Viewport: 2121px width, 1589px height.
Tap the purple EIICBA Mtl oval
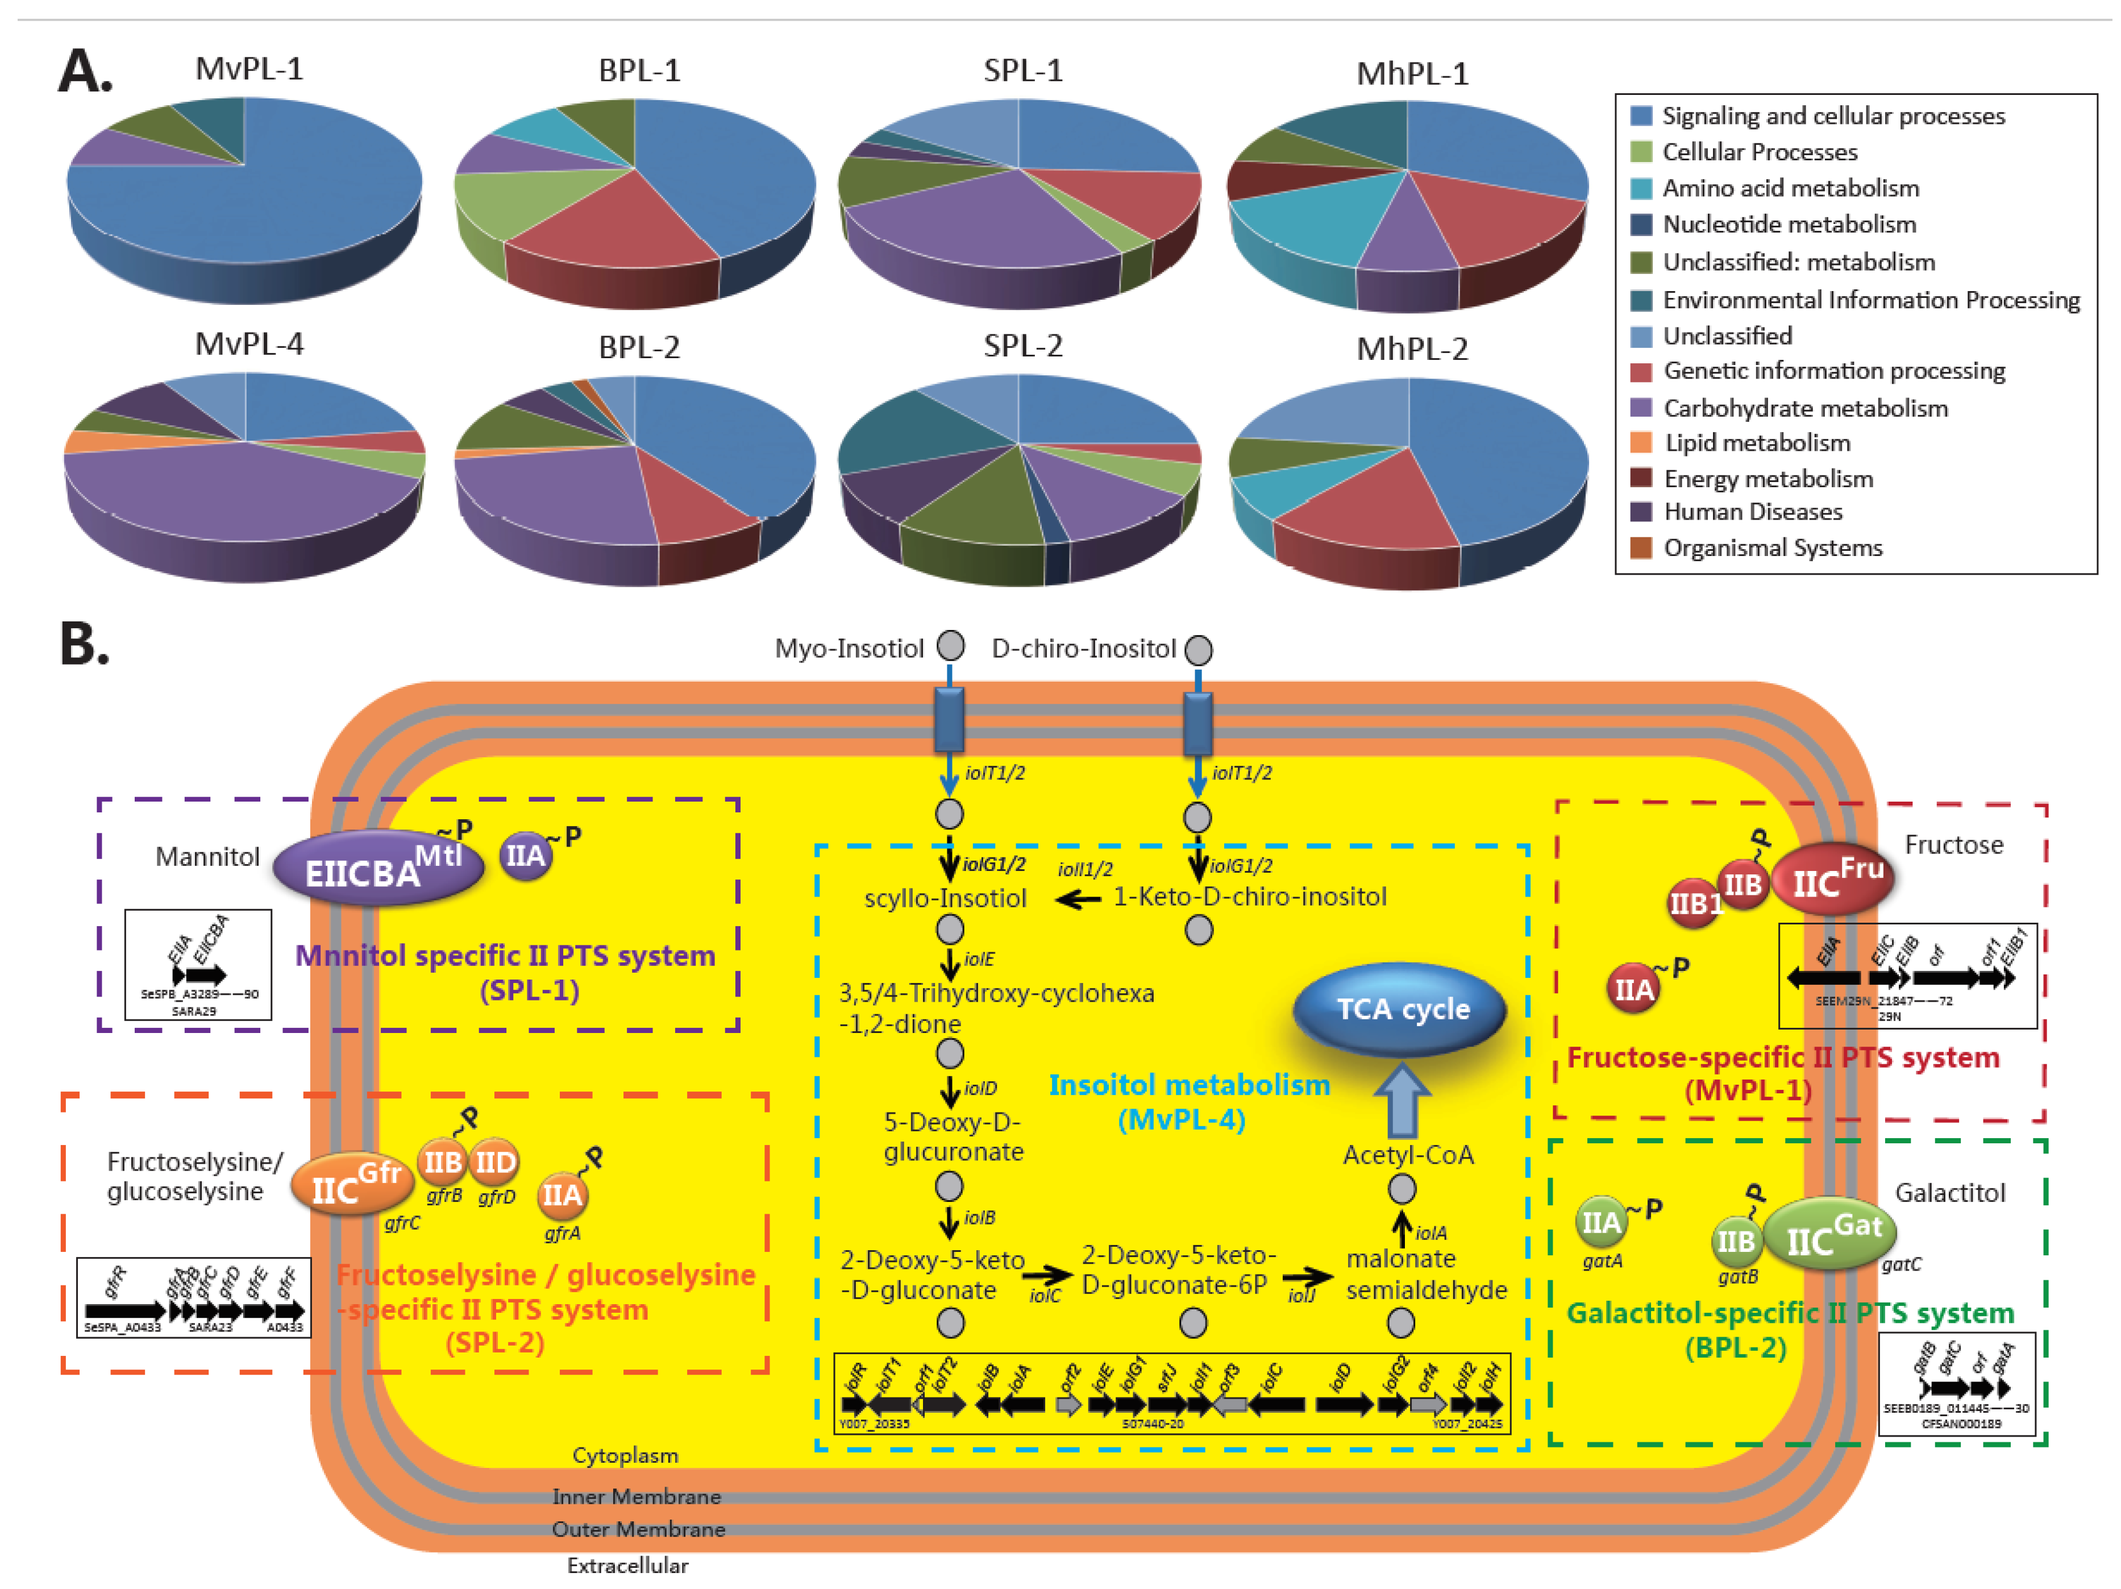[379, 868]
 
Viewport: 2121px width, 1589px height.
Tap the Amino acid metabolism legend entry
[1789, 188]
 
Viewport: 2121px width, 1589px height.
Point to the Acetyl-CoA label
[1408, 1155]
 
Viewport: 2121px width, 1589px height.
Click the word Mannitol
[207, 856]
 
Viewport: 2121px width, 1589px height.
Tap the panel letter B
[84, 644]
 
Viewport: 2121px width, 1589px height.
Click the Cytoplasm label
[625, 1455]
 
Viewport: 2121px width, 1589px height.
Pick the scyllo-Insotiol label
[946, 898]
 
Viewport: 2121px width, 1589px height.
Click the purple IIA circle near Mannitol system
[526, 856]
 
